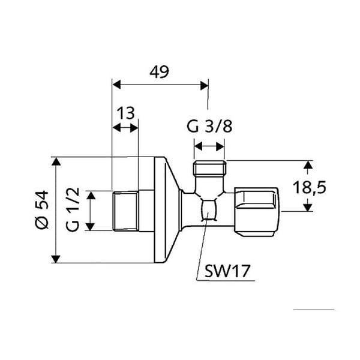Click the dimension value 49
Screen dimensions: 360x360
pos(159,71)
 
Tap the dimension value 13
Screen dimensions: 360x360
pos(126,113)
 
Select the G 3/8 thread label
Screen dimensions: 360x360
pos(209,126)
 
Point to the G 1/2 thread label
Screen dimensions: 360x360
pos(73,209)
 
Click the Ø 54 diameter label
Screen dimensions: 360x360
pos(42,209)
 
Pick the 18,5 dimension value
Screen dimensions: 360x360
pos(309,187)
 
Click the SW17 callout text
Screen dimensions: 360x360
pos(227,271)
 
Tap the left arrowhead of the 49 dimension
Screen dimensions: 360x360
pos(116,85)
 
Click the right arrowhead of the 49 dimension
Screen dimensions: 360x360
pos(204,86)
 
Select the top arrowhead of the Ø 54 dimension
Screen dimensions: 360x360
pos(56,161)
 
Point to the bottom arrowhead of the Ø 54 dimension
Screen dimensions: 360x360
pos(56,259)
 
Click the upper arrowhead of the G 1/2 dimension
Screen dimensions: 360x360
pos(91,195)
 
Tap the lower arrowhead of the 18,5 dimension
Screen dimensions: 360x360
pos(308,208)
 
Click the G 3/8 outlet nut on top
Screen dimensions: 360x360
pos(209,167)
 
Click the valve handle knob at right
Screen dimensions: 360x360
pos(257,211)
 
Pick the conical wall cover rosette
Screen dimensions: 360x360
pos(168,210)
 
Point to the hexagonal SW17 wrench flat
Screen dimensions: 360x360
pos(209,211)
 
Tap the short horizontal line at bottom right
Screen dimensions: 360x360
pos(314,309)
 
